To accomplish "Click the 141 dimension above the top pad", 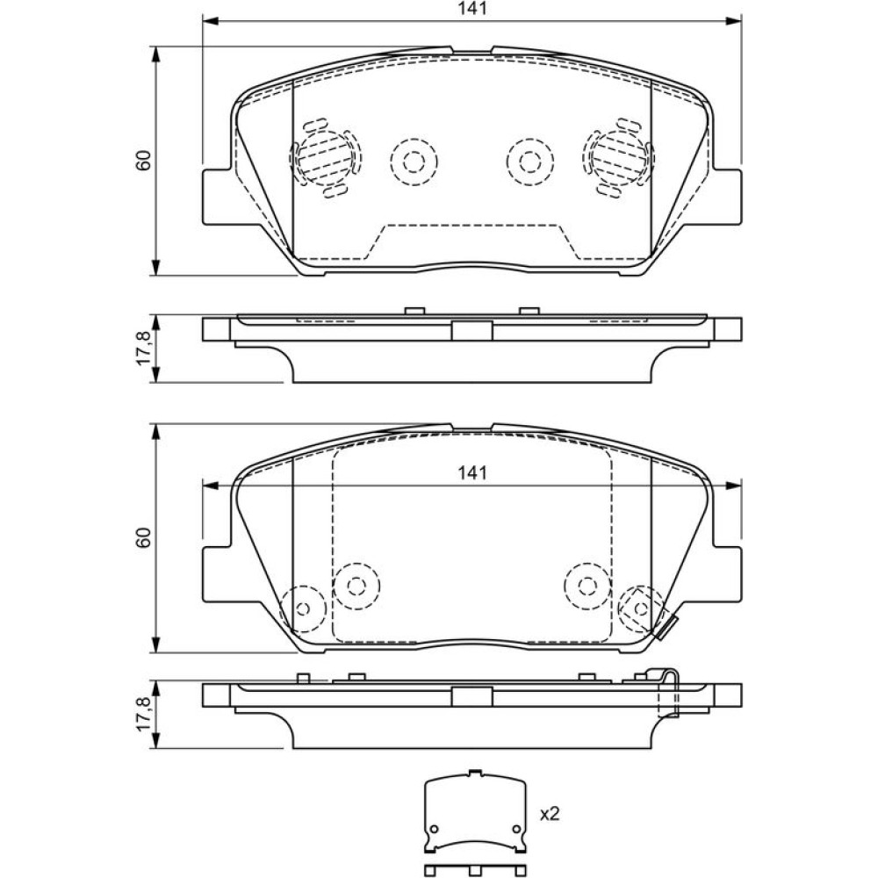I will tap(471, 9).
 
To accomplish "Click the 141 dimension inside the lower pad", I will tap(471, 473).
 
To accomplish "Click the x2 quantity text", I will tap(549, 814).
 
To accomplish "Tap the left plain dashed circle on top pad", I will tap(414, 162).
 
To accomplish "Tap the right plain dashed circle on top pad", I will tap(530, 162).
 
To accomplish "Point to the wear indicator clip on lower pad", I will tap(665, 626).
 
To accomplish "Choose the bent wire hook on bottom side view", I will tap(671, 694).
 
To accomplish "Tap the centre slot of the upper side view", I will tap(471, 330).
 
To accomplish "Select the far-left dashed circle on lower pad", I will tap(304, 608).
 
